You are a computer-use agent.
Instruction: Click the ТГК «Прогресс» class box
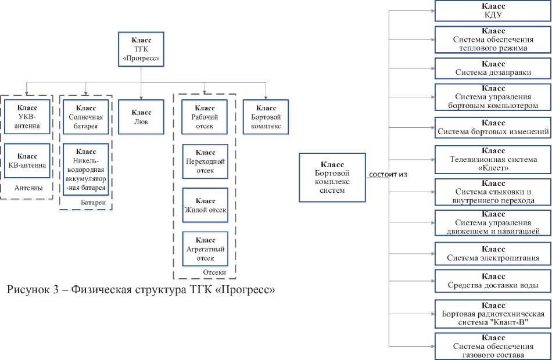click(141, 50)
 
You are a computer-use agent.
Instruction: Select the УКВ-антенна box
click(27, 117)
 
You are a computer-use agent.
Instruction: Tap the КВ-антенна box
click(27, 161)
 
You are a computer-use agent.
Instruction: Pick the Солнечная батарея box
click(86, 117)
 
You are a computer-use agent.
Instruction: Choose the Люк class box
click(141, 117)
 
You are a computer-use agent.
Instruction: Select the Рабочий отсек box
click(205, 117)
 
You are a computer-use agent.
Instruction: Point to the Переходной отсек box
click(205, 161)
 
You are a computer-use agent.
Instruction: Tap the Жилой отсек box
click(205, 206)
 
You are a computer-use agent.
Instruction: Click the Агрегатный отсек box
click(205, 249)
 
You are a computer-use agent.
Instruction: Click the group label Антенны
click(28, 188)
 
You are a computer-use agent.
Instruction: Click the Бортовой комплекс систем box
click(332, 177)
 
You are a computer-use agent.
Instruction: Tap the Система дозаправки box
click(492, 69)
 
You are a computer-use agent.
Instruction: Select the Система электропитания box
click(492, 253)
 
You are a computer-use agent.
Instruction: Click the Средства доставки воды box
click(492, 280)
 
